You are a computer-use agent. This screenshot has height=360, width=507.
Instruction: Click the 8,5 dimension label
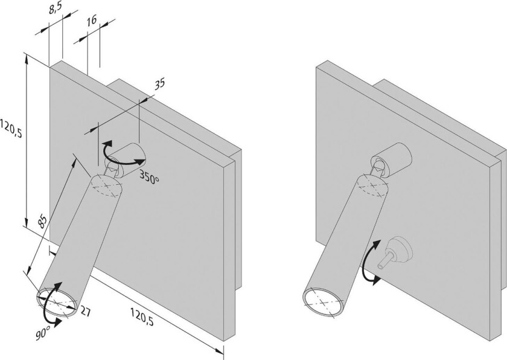[56, 10]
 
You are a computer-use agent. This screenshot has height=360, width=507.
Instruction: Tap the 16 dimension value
[92, 21]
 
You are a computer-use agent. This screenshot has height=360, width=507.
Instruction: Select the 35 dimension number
[159, 84]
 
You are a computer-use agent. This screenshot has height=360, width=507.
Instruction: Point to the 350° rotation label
[150, 177]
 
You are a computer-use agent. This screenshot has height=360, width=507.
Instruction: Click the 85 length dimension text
[42, 222]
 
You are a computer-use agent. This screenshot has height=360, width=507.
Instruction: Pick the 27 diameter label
[84, 312]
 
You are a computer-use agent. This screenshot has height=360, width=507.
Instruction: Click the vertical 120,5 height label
[11, 129]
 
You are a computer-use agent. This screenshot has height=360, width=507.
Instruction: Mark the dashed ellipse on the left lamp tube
[106, 185]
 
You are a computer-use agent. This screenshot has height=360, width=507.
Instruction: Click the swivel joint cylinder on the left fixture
[126, 160]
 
